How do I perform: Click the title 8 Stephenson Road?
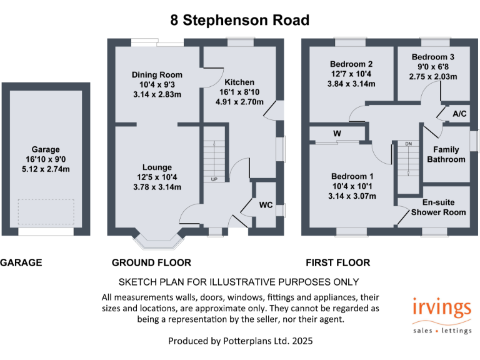tap(240, 20)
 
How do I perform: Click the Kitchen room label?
tap(240, 82)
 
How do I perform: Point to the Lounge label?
tap(157, 167)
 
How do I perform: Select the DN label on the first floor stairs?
tap(409, 144)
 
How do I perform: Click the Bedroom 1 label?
tap(353, 176)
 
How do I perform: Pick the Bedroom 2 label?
tap(351, 64)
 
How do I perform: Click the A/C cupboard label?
tap(459, 114)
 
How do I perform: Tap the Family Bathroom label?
tap(446, 154)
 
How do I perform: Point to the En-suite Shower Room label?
tap(438, 207)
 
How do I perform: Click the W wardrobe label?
tap(337, 133)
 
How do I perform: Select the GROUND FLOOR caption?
tap(151, 262)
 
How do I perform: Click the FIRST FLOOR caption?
tap(337, 262)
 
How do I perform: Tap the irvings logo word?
tap(441, 308)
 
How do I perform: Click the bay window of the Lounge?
tap(159, 241)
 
